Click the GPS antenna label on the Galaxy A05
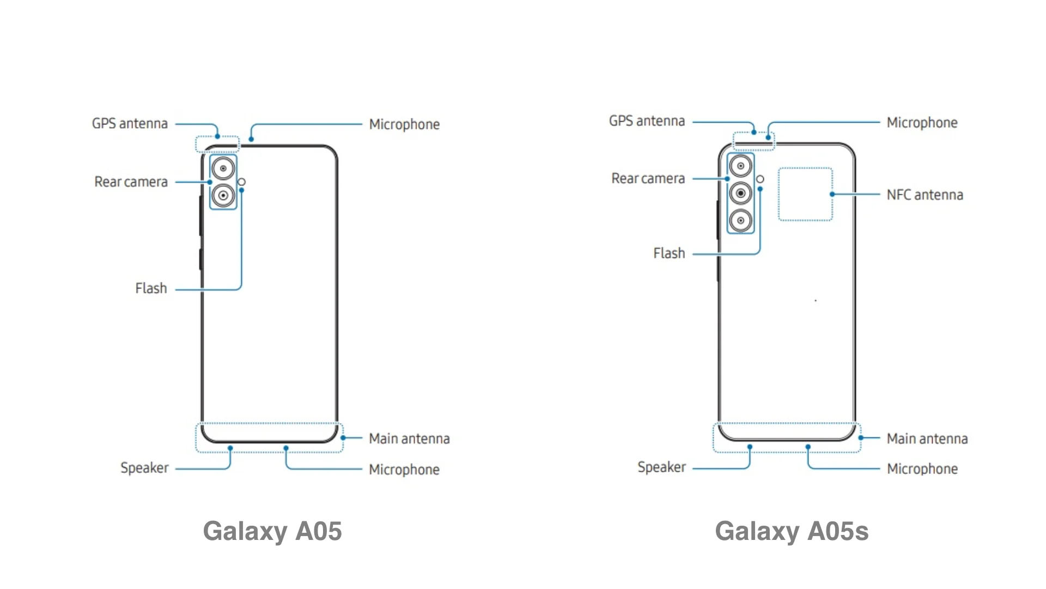tap(130, 124)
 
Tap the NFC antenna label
tap(925, 195)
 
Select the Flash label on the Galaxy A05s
tap(669, 253)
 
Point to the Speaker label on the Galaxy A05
tap(144, 468)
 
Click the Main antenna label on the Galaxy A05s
tap(927, 438)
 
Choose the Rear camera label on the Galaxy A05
tap(131, 182)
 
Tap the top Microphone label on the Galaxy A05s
tap(922, 123)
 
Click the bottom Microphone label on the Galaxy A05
tap(404, 470)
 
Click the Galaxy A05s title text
tap(792, 531)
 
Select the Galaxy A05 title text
tap(272, 531)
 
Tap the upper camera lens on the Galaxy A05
tap(223, 169)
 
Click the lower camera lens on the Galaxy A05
tap(223, 195)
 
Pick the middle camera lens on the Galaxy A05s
tap(740, 193)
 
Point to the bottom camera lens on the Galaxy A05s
tap(740, 220)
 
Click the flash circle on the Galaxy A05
tap(241, 182)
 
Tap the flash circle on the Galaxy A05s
tap(760, 179)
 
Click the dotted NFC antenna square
tap(779, 194)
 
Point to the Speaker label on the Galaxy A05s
tap(662, 467)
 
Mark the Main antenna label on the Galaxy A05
tap(409, 438)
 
